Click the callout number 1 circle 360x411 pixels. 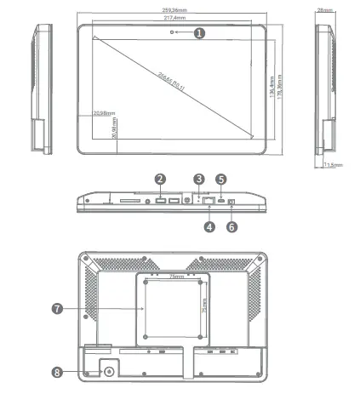199,32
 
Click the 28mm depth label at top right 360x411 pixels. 324,9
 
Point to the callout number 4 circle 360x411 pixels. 209,226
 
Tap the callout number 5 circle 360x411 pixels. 220,180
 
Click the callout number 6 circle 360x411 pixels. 231,226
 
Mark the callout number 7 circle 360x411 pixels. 57,309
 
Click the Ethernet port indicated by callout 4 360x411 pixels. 209,202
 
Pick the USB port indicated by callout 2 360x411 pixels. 160,201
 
